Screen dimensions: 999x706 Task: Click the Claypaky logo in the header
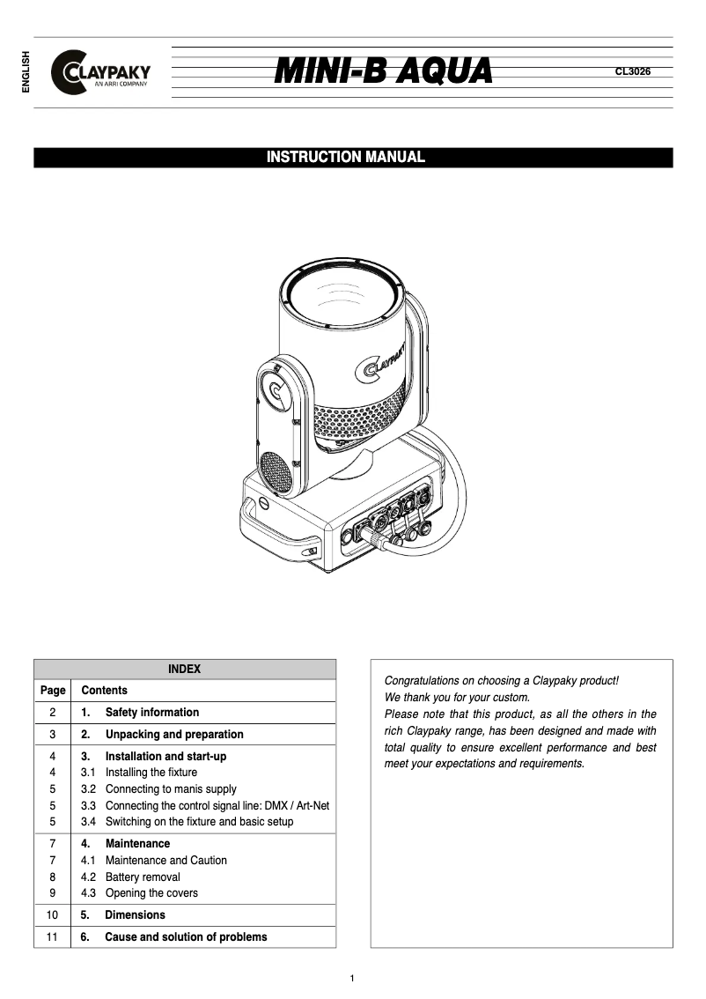(101, 72)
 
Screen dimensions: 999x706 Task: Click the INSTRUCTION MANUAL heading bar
(353, 158)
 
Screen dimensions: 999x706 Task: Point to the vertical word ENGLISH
(26, 72)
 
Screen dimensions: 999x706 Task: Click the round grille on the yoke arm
(276, 473)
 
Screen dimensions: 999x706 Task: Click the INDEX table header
(185, 670)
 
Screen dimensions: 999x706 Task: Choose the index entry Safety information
(151, 713)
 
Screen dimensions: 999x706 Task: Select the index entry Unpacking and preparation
(173, 735)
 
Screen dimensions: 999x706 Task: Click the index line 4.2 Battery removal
(142, 877)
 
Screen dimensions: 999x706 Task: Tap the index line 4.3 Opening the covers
(151, 893)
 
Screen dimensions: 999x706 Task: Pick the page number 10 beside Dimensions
(53, 915)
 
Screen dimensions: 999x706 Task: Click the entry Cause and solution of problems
(185, 937)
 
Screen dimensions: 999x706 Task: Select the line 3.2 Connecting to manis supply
(170, 789)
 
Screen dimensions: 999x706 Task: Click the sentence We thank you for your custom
(457, 698)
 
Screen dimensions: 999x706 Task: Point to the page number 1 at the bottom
(352, 979)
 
